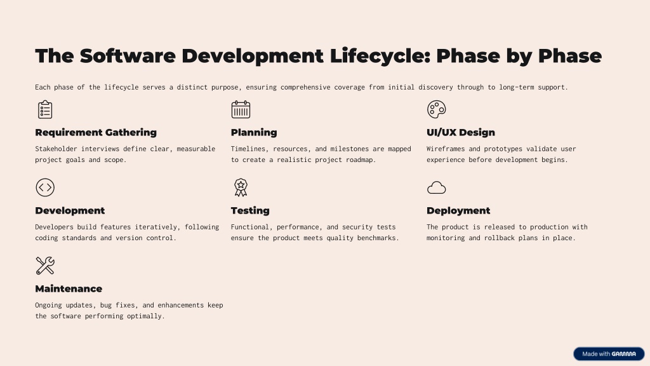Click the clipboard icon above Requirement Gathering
coord(45,109)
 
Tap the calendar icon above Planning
coord(241,109)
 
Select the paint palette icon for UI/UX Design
coord(437,109)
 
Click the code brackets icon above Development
coord(45,187)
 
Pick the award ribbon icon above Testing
coord(241,187)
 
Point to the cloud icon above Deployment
coord(437,188)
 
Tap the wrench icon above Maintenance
coord(45,266)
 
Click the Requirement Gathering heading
coord(96,132)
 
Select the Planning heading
coord(254,132)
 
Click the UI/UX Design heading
coord(461,132)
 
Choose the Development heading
coord(70,210)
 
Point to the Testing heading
coord(250,210)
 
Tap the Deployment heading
coord(458,210)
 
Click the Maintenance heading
coord(69,289)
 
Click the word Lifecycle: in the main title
coord(380,56)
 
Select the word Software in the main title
coord(128,56)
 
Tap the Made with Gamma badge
coord(609,354)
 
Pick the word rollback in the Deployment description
coord(512,238)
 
